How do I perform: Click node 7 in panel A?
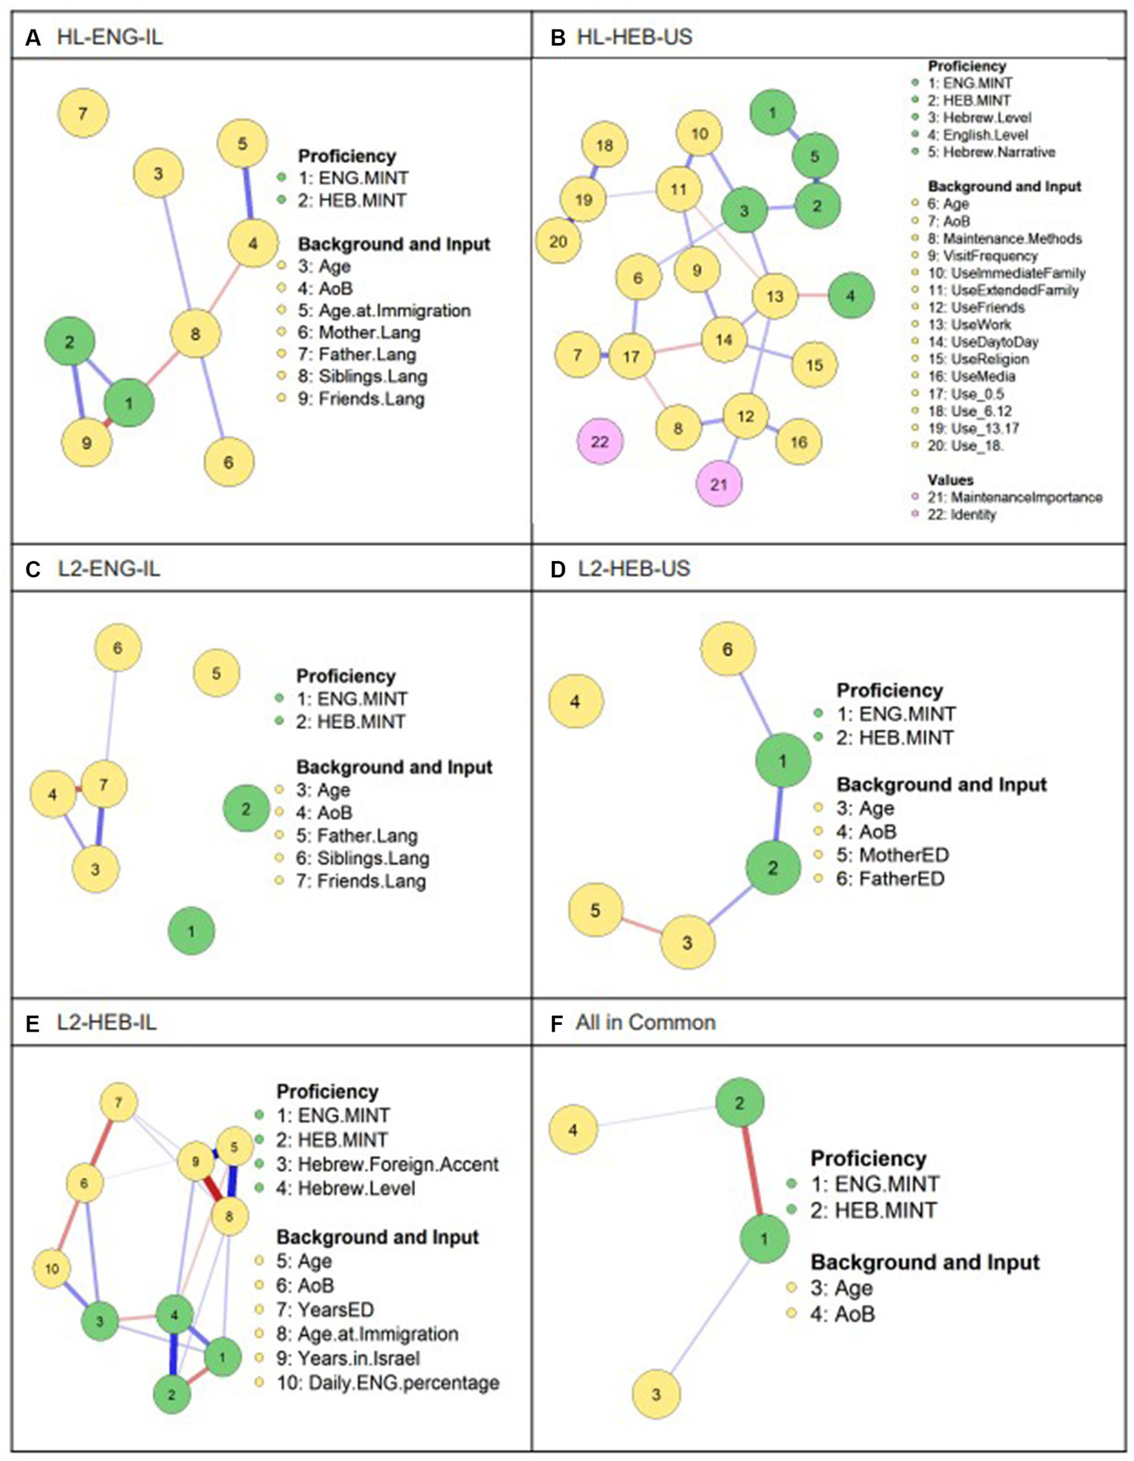click(x=83, y=113)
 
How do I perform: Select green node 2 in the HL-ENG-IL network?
click(x=69, y=341)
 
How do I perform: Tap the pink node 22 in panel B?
click(x=600, y=441)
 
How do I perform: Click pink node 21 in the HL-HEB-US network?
click(x=719, y=484)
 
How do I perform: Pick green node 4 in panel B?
click(x=851, y=296)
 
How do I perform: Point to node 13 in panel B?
click(x=774, y=296)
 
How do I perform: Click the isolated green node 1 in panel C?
click(x=191, y=931)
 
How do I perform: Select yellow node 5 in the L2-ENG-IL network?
click(x=216, y=673)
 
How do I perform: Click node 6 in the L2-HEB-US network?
click(x=728, y=649)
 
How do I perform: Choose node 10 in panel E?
click(x=52, y=1269)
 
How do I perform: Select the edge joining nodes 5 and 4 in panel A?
click(x=248, y=194)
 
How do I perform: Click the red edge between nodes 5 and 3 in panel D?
click(x=641, y=927)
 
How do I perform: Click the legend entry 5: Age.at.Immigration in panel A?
click(x=384, y=310)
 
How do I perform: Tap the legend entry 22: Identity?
click(x=962, y=514)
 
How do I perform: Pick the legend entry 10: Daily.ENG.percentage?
click(x=388, y=1383)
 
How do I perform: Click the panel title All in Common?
click(x=645, y=1022)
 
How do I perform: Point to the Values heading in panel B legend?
click(x=950, y=480)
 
